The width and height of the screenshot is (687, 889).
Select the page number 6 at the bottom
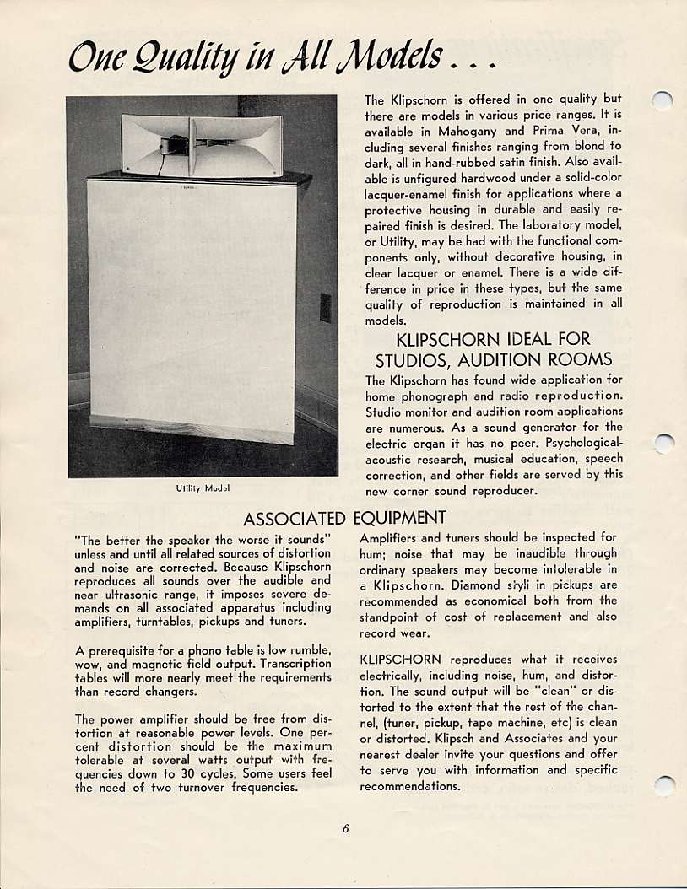pos(346,827)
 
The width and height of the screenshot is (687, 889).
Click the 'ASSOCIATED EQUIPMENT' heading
pos(343,517)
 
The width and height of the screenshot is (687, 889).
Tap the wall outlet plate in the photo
pos(325,307)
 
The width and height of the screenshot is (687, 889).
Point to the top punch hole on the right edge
pos(665,101)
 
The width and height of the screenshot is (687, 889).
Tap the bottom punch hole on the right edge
pos(665,786)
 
